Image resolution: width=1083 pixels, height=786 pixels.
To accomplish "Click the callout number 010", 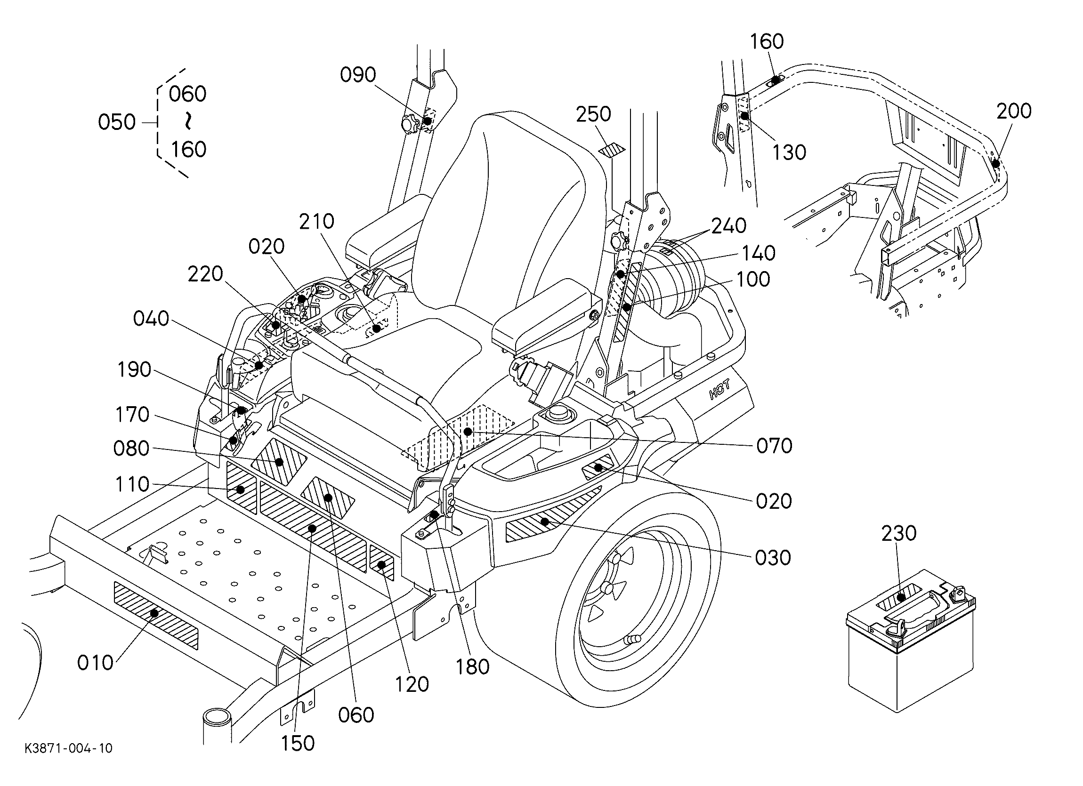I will (95, 663).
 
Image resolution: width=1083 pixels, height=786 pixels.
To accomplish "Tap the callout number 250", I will (593, 114).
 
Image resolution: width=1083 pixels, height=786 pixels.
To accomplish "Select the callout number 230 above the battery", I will (899, 533).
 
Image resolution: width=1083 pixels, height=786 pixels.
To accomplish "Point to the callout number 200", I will (1014, 111).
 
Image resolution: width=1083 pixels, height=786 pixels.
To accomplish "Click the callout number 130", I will (789, 152).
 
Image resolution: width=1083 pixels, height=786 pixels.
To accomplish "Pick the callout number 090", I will (358, 75).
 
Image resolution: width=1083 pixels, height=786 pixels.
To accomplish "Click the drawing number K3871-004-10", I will (69, 748).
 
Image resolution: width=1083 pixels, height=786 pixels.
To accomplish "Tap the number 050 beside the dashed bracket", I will (116, 122).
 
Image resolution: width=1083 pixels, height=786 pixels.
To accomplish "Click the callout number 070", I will (774, 446).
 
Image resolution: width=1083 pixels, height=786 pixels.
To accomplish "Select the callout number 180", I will (472, 667).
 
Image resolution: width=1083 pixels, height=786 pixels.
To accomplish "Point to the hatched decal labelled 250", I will (612, 150).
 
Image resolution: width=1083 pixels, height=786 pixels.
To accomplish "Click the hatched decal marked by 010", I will (156, 615).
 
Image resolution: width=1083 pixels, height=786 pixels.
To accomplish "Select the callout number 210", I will (316, 221).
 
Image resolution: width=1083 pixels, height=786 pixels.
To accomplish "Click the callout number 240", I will (729, 226).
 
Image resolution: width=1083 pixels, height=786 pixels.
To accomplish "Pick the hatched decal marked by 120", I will (381, 564).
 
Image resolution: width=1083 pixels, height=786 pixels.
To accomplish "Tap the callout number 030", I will (773, 557).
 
